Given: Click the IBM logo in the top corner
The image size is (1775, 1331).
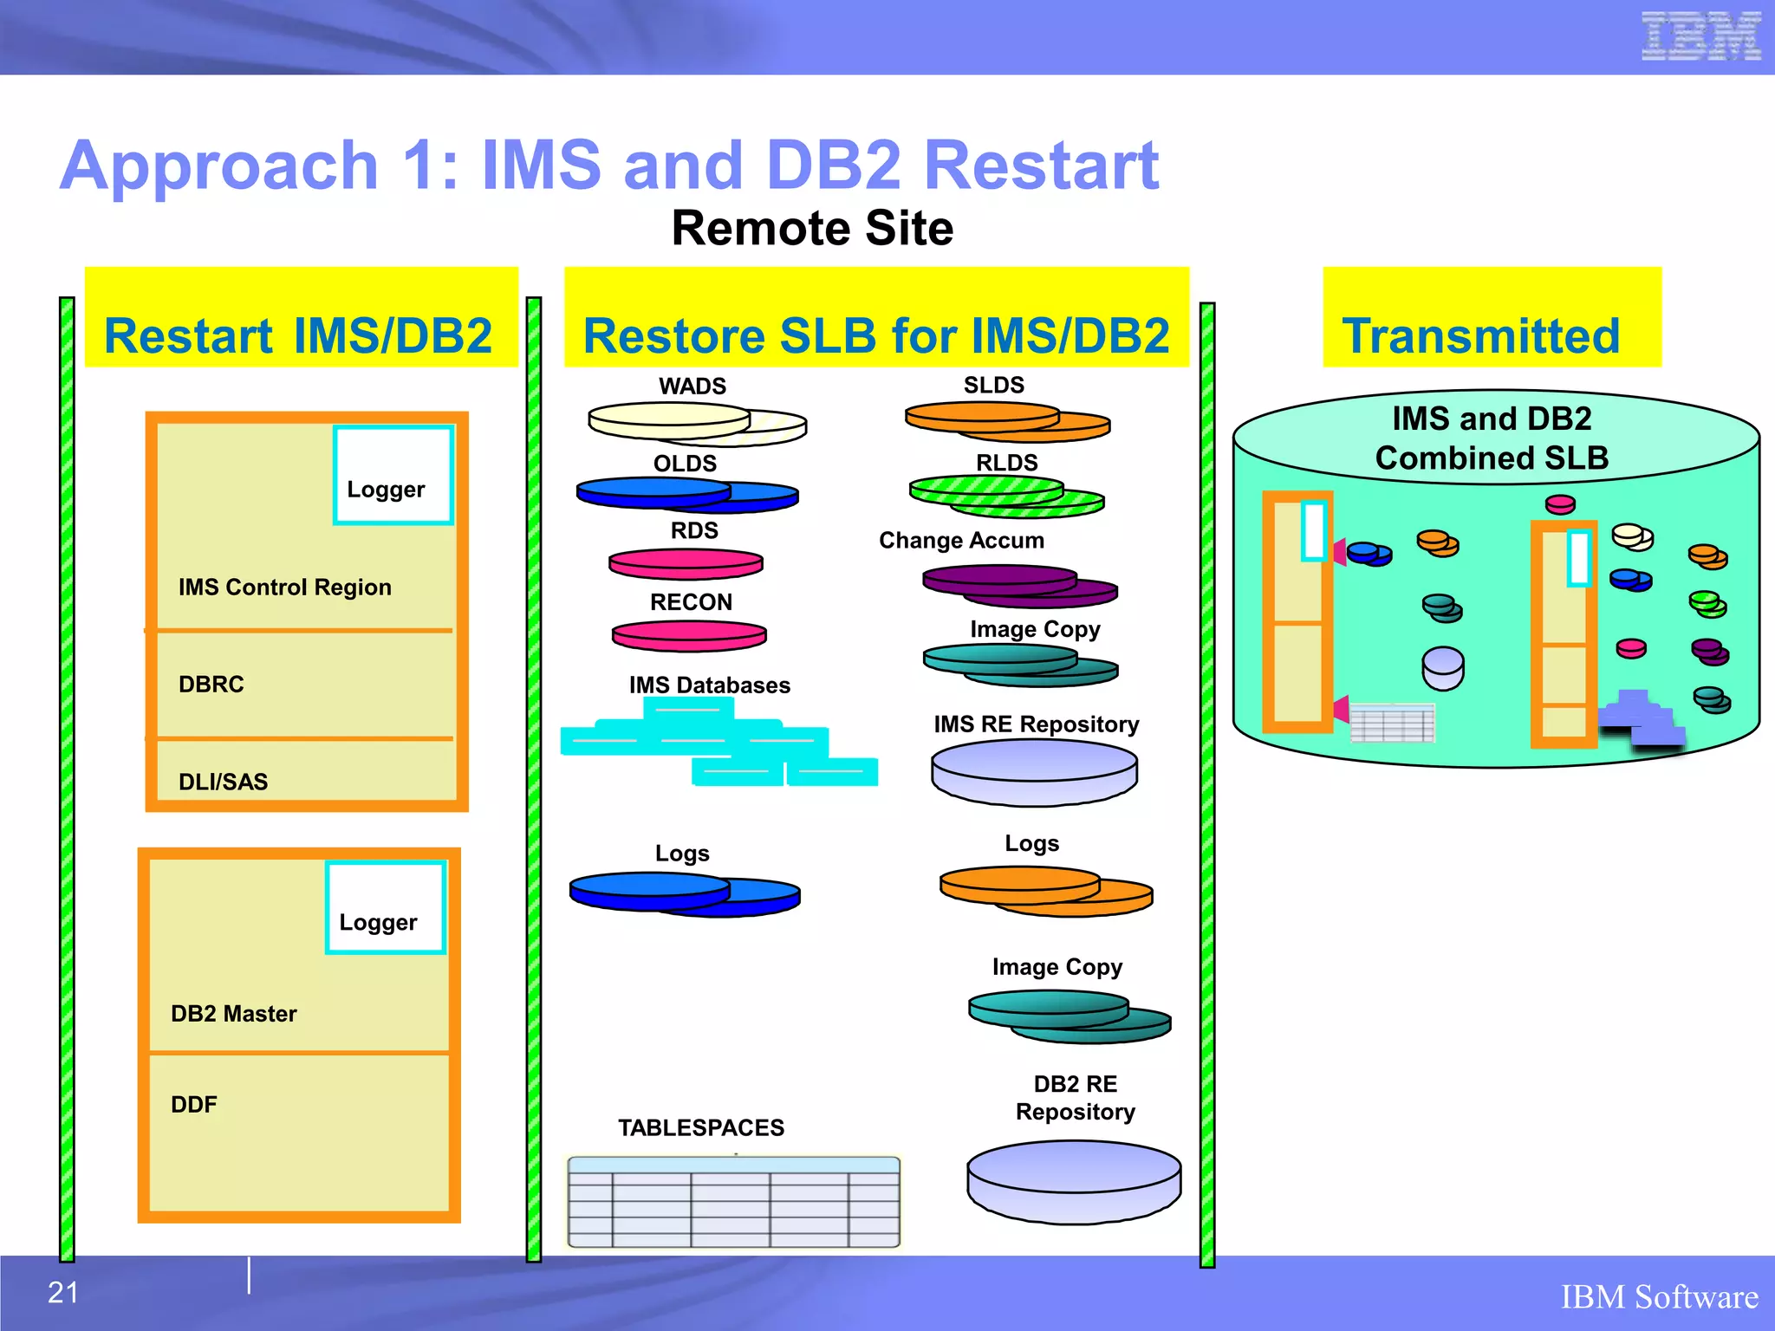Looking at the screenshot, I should click(x=1700, y=36).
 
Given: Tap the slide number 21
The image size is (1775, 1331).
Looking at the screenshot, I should click(x=63, y=1292).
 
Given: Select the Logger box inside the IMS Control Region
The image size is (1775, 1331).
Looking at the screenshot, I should click(x=393, y=475).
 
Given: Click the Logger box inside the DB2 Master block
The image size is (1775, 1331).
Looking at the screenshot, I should click(x=386, y=907).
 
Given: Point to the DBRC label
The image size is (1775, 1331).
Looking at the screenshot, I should click(x=211, y=685).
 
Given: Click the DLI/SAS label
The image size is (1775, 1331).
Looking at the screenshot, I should click(x=223, y=782).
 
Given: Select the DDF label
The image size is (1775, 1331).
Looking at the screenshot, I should click(x=194, y=1105).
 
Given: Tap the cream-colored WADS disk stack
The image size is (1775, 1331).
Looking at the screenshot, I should click(x=696, y=423).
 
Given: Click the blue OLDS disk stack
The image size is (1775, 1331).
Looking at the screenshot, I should click(x=686, y=494).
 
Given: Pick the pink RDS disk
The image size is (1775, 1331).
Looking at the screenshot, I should click(x=686, y=564).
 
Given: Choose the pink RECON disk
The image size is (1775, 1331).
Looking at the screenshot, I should click(x=689, y=635).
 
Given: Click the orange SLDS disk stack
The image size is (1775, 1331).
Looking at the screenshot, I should click(x=1007, y=420).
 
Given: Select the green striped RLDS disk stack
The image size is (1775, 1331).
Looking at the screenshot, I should click(x=1006, y=496).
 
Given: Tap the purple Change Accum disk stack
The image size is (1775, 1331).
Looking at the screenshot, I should click(x=1019, y=585).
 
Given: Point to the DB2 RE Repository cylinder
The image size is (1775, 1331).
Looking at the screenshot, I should click(x=1074, y=1182).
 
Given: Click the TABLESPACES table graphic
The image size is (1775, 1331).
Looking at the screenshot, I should click(x=733, y=1202).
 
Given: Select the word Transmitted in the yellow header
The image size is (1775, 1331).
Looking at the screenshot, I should click(x=1480, y=336).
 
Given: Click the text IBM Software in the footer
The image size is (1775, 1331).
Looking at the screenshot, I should click(x=1659, y=1297).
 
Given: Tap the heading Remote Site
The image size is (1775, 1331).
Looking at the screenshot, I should click(x=812, y=229).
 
